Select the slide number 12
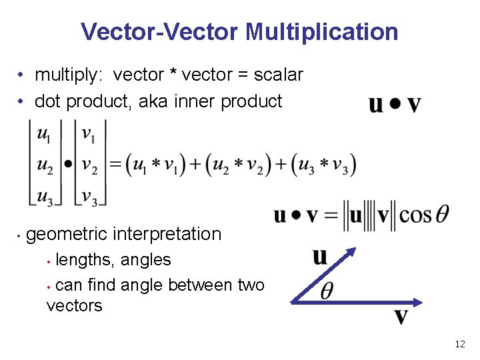click(459, 344)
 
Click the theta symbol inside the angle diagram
click(327, 292)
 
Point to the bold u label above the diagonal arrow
click(320, 256)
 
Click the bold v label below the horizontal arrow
click(401, 315)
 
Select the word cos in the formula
click(416, 215)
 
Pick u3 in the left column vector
click(45, 197)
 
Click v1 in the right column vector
click(88, 135)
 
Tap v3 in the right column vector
click(89, 197)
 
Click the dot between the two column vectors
click(68, 163)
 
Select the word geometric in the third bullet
click(67, 234)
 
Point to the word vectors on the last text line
click(75, 306)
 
